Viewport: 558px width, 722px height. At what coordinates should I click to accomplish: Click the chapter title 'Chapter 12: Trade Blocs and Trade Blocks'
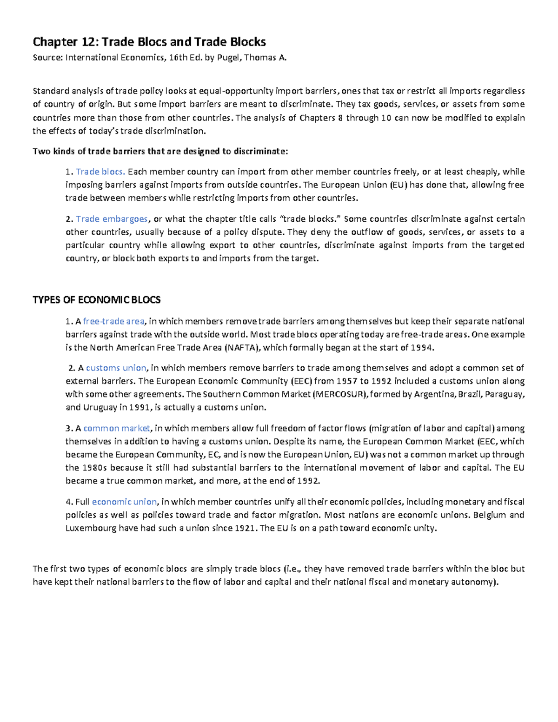click(x=149, y=42)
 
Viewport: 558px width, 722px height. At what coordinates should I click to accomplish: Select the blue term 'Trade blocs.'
click(x=100, y=172)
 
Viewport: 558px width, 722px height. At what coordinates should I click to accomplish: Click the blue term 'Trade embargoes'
click(x=112, y=219)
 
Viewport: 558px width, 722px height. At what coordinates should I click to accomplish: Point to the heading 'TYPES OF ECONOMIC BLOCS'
click(x=96, y=300)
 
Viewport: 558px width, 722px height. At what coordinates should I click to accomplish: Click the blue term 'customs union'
click(x=116, y=368)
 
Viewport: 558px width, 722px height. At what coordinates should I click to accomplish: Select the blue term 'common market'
click(x=117, y=428)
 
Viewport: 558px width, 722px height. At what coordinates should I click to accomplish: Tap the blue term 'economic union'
click(x=125, y=502)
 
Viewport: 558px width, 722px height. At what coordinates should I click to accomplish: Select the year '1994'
click(x=425, y=348)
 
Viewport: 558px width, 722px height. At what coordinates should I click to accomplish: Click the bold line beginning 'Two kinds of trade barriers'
click(x=160, y=152)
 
